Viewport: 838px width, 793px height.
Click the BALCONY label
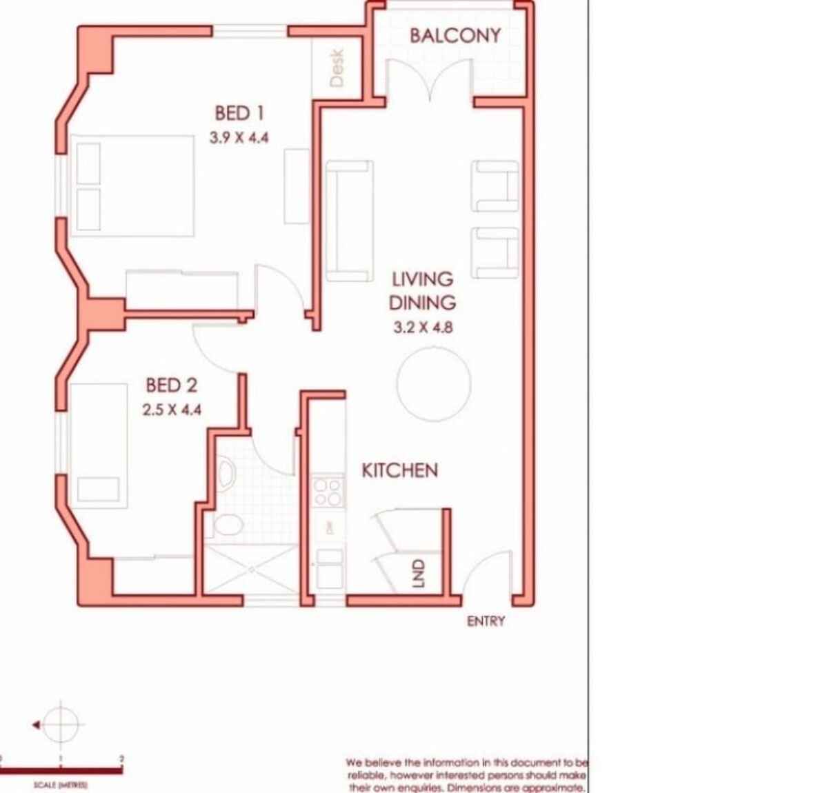(x=455, y=36)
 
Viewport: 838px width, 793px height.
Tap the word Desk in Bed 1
(x=337, y=68)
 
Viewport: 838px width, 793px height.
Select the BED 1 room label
(x=239, y=113)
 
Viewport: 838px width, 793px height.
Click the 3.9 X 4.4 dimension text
(x=239, y=137)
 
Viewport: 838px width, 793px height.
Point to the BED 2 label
(x=172, y=385)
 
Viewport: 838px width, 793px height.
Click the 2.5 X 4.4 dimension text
(x=172, y=410)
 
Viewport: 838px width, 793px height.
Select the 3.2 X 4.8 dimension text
(x=423, y=328)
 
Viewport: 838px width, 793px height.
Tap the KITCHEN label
(x=399, y=470)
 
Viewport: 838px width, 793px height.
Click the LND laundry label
(x=418, y=574)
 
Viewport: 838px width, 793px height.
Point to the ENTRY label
(x=486, y=621)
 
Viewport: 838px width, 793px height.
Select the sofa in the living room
(x=349, y=221)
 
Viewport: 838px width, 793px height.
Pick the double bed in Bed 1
(x=132, y=186)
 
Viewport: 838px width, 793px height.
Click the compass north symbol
(x=61, y=725)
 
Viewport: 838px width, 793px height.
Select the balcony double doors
(x=429, y=79)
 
